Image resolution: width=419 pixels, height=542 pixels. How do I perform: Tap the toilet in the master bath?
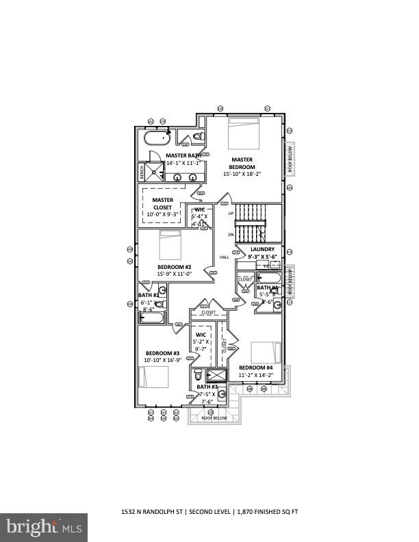tap(197, 138)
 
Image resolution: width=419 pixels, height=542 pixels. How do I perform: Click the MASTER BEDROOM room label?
tap(242, 163)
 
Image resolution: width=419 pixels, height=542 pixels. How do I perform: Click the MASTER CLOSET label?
tap(162, 203)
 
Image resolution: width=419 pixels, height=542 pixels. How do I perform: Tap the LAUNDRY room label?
tap(262, 249)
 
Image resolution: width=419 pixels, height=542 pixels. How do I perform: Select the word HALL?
tap(224, 257)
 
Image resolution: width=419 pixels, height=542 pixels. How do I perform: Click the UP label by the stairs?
tap(231, 213)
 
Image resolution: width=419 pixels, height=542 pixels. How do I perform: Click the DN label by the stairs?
tap(231, 235)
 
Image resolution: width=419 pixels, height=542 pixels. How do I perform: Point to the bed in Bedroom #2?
tap(170, 244)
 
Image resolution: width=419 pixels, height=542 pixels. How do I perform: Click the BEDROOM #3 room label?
tap(162, 353)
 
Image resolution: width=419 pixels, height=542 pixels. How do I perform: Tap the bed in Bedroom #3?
tap(154, 378)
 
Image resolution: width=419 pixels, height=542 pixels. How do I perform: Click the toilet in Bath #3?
tap(199, 374)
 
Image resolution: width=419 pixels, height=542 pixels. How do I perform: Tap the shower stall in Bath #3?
tap(217, 375)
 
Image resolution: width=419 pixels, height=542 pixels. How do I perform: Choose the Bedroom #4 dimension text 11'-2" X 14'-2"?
tap(256, 375)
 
